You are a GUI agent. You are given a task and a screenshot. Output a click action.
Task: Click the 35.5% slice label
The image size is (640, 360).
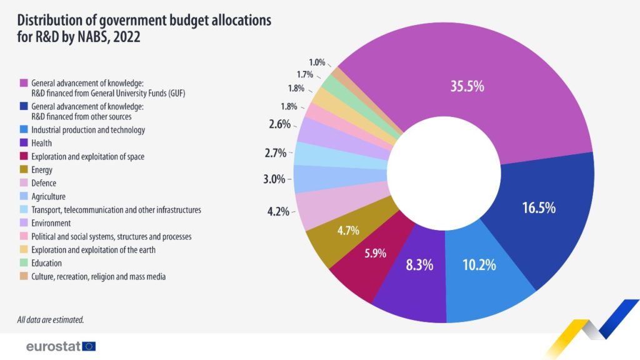pos(467,86)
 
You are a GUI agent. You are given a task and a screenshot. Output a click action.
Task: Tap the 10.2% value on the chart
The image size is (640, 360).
pos(479,264)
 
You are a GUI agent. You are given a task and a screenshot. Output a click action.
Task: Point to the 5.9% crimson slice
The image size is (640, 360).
pos(375,254)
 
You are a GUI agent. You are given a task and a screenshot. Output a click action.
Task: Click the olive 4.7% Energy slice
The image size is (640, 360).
pos(347,231)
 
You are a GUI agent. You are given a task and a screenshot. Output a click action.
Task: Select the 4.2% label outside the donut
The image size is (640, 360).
pos(277,211)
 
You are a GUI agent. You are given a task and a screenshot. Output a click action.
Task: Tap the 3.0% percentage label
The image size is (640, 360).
pos(274,179)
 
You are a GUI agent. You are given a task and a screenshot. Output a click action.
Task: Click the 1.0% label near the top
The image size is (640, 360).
pos(317,62)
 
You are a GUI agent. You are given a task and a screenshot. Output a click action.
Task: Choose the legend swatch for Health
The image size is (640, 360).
pos(24,144)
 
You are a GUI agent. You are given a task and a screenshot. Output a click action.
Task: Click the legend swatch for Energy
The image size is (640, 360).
pos(24,170)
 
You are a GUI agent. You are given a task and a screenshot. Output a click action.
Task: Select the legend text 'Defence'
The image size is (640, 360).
pos(44,183)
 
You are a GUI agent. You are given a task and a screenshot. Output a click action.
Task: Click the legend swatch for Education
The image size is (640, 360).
pos(24,263)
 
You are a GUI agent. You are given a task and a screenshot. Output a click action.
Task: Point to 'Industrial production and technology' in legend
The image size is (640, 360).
pos(87,130)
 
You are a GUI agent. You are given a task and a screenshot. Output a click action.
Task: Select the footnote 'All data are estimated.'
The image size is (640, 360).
pos(51,320)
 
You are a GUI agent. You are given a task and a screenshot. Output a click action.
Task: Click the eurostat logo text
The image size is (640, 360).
pos(52,346)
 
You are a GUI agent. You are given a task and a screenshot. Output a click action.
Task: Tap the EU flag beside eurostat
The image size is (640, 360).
pos(89,346)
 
